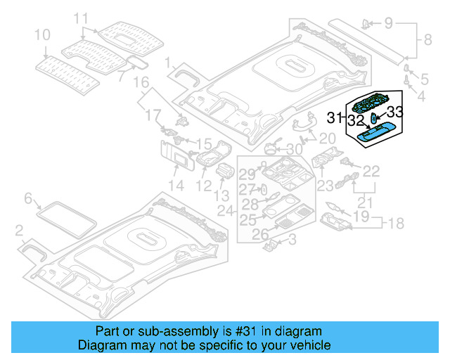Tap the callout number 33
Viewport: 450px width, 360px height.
(x=395, y=111)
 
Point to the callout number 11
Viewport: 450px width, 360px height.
(x=82, y=18)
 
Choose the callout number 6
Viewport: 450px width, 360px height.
(x=28, y=199)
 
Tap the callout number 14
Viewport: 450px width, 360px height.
(x=175, y=186)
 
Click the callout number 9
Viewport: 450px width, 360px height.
(x=389, y=24)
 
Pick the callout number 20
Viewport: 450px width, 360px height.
(x=327, y=138)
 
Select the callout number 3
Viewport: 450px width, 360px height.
(x=292, y=240)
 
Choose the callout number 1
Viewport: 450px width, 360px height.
(x=169, y=64)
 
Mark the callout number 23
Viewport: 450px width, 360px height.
(x=325, y=186)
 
